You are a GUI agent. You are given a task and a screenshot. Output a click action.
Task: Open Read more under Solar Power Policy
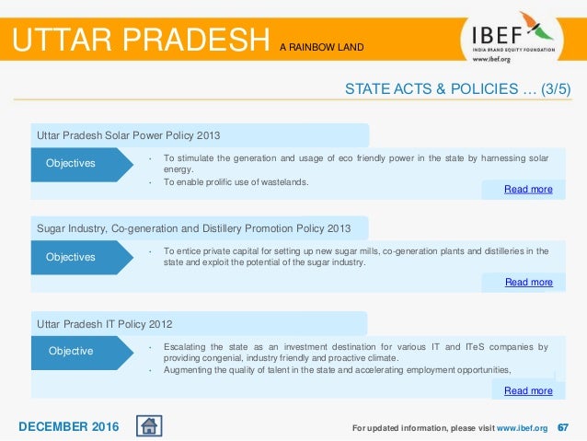click(528, 190)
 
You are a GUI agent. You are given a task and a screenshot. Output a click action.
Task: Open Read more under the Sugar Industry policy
click(528, 283)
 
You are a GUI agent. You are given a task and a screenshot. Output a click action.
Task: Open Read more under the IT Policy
click(528, 391)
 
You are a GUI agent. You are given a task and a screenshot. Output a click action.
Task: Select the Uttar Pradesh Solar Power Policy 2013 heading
click(128, 136)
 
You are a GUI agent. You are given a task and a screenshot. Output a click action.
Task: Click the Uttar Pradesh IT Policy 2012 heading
click(104, 324)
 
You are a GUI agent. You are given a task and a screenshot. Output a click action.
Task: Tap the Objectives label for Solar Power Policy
click(71, 164)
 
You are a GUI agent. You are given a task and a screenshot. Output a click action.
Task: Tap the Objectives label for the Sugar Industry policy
click(71, 257)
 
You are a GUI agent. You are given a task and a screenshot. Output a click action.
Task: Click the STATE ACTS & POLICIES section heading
click(457, 89)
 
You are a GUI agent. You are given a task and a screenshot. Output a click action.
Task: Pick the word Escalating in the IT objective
click(188, 347)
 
